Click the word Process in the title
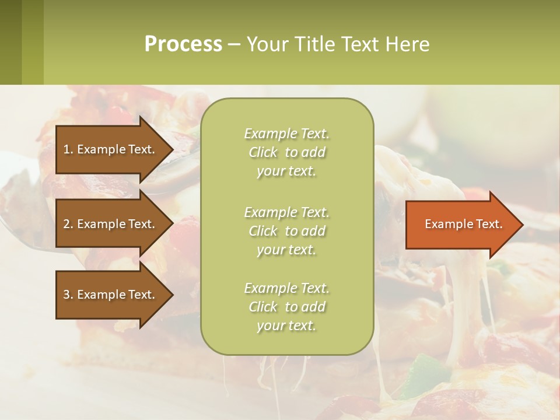pos(183,44)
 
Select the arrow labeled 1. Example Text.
pos(111,149)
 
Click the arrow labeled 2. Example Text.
pos(111,224)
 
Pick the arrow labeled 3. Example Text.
pos(111,295)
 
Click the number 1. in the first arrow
pos(68,149)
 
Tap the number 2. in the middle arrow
pos(68,224)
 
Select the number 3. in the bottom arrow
pos(68,295)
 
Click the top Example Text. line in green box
pos(286,134)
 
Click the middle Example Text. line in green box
pos(286,212)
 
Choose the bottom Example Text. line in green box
pos(286,288)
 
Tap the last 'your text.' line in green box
pos(286,326)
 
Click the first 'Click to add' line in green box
pos(286,152)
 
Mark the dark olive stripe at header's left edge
pos(10,42)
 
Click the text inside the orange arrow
pos(464,224)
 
